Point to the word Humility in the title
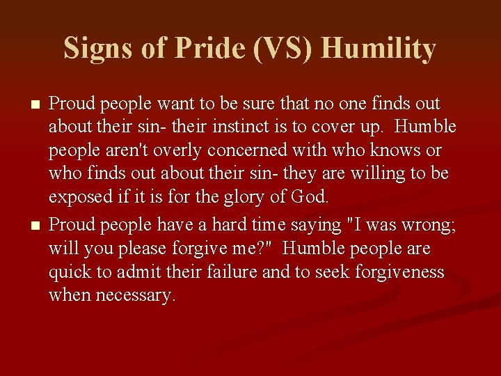[x=379, y=49]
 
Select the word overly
[x=170, y=150]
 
